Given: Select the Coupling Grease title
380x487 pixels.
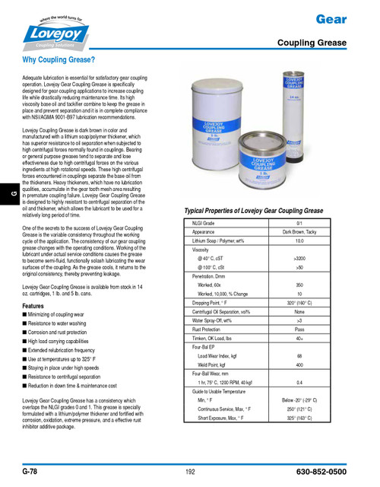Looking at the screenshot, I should click(311, 43).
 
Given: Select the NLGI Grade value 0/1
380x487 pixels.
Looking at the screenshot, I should click(299, 222).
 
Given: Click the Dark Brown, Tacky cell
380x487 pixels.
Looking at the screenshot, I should click(299, 231).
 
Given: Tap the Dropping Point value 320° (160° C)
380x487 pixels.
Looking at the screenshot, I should click(299, 302).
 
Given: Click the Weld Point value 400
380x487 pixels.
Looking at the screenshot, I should click(299, 364).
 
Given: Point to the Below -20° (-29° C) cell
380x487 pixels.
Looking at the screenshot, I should click(299, 399).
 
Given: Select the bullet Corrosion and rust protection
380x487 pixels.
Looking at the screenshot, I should click(58, 333).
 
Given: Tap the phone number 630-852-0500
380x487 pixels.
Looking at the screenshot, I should click(318, 472).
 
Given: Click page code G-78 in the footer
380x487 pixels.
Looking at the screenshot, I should click(31, 472).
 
